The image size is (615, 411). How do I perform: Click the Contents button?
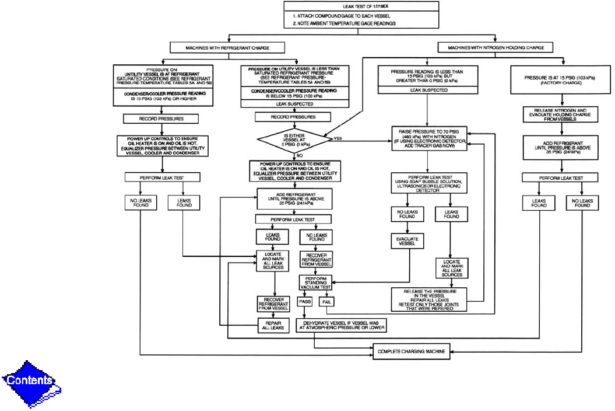pos(30,381)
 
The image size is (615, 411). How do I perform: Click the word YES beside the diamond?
pos(339,139)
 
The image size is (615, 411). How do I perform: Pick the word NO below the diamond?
pos(299,156)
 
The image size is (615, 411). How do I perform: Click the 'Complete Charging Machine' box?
pos(411,351)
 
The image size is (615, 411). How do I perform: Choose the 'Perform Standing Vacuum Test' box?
pos(315,283)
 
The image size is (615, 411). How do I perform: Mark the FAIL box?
pos(326,302)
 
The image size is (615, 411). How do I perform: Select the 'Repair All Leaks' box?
pos(273,325)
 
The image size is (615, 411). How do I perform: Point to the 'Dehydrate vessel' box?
pos(341,325)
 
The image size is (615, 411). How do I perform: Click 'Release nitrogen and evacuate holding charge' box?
pos(551,114)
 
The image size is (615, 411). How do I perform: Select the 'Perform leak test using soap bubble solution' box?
pos(427,183)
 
